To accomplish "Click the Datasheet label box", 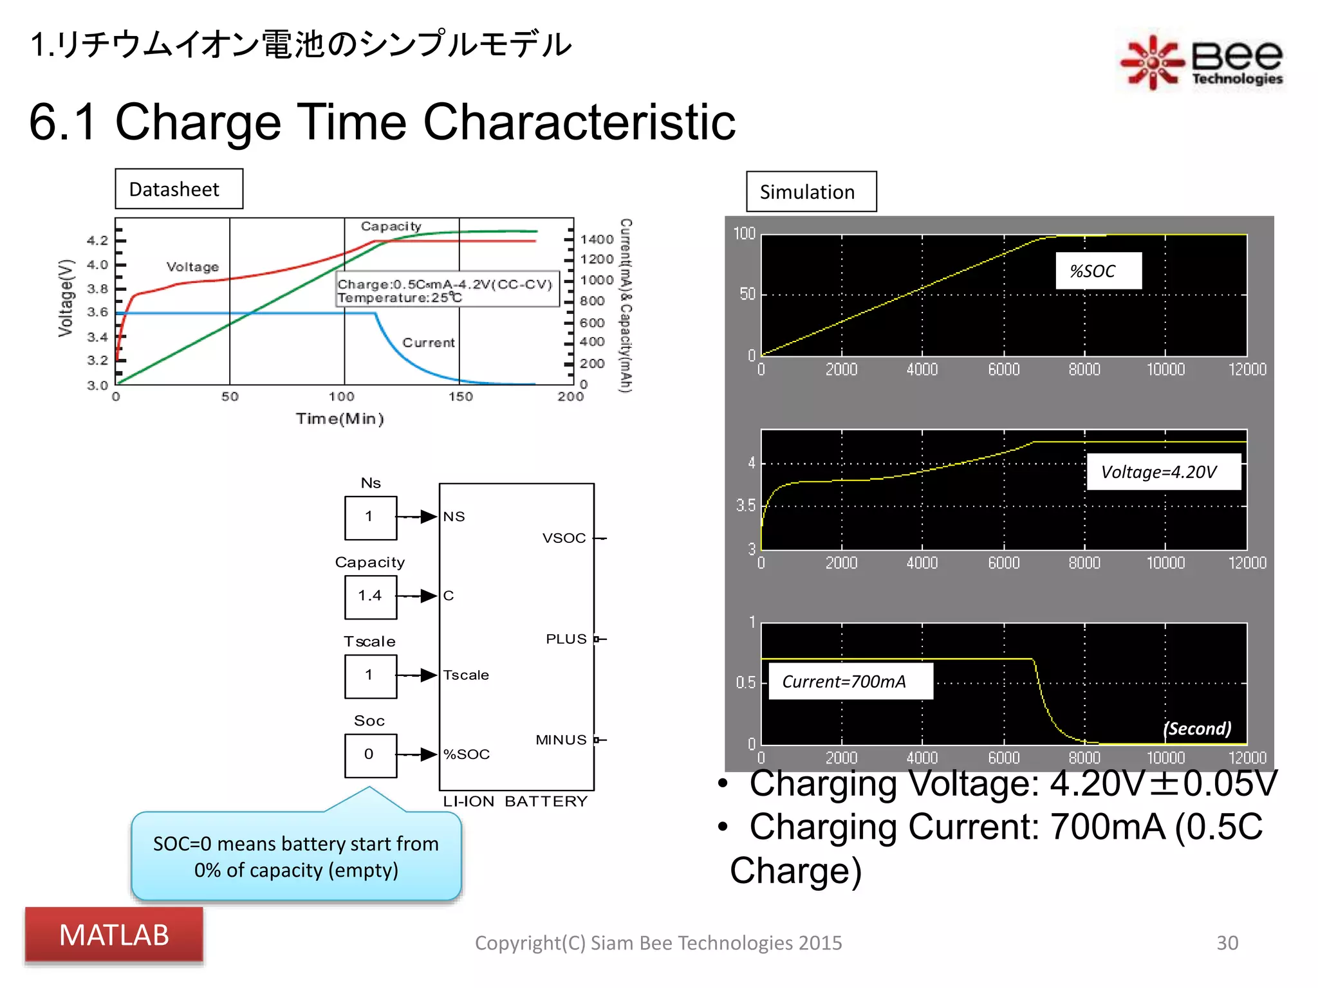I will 179,189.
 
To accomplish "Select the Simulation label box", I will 811,192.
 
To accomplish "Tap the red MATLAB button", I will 114,935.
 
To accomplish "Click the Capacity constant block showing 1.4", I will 370,596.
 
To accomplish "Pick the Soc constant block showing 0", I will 370,755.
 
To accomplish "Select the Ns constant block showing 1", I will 370,517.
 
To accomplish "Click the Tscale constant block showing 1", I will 370,675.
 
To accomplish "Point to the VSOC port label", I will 564,538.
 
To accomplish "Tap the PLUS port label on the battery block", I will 566,639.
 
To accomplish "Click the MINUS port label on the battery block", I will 561,740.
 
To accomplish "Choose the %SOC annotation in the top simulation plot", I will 1098,271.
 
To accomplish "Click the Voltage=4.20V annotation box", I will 1163,472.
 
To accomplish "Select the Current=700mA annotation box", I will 849,682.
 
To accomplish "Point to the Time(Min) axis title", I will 340,419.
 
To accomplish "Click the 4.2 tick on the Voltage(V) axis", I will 98,241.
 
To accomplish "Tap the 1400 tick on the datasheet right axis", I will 597,239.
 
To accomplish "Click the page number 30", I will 1227,943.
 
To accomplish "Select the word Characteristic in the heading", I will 579,122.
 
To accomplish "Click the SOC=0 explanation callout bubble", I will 296,857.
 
